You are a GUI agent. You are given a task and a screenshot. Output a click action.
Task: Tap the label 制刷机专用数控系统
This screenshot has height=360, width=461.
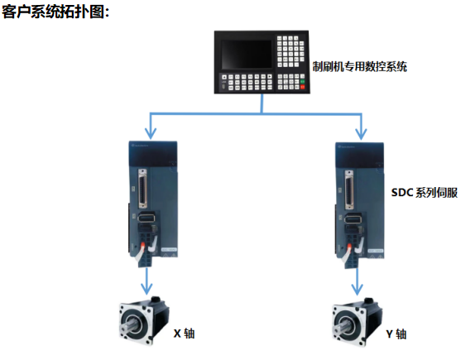point(359,66)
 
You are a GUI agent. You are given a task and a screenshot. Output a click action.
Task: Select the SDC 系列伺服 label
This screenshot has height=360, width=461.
point(425,193)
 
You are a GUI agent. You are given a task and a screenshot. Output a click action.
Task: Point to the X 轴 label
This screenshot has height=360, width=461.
point(184,334)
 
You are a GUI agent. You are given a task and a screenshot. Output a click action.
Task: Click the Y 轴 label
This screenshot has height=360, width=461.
point(396,334)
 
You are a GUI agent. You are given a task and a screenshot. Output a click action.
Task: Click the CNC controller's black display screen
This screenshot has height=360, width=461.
point(247,55)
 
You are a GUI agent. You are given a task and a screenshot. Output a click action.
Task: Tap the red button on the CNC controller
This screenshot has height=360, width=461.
point(302,87)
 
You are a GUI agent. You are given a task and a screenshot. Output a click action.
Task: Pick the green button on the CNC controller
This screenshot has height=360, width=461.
point(302,81)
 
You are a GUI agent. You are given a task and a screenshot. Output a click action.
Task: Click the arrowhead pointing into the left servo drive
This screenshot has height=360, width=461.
point(151,134)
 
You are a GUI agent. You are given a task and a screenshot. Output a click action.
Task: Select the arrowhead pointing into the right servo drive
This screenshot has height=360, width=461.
point(361,134)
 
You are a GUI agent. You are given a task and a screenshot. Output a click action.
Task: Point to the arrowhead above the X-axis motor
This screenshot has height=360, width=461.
point(146,289)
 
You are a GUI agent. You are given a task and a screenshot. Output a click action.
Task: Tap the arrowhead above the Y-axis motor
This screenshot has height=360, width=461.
point(357,290)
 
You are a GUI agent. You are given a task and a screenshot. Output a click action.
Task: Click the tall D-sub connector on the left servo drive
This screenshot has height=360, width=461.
point(142,189)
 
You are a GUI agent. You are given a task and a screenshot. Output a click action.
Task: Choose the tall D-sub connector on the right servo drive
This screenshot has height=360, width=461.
point(349,190)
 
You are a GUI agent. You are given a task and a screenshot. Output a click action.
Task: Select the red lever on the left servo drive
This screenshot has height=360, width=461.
point(143,245)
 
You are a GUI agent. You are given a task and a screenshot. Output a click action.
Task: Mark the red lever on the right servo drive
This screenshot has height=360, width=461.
point(350,247)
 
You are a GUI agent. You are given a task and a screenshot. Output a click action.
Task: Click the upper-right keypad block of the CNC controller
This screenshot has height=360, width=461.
point(291,51)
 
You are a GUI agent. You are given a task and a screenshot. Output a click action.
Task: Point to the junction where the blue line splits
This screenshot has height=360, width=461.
point(262,113)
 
